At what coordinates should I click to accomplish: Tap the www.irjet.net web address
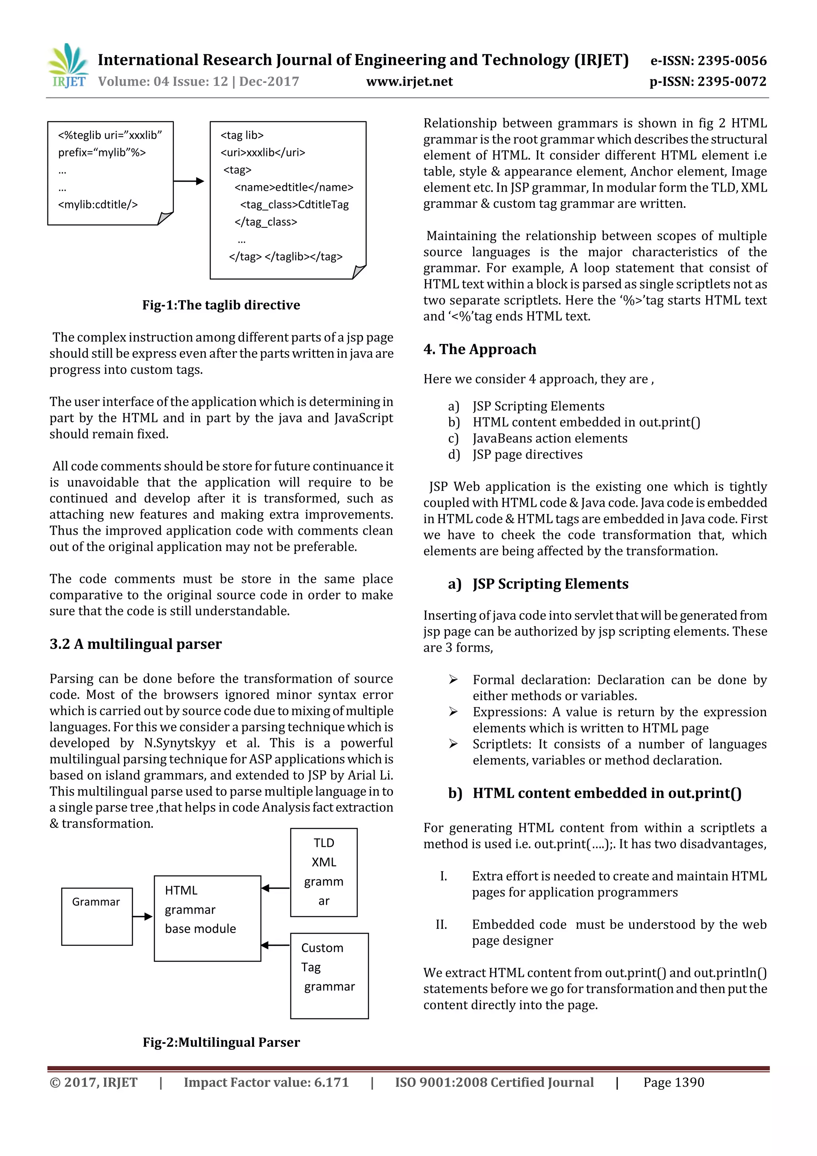point(409,81)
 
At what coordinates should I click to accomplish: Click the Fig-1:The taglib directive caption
point(221,305)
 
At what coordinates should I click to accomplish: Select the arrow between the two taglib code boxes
point(189,181)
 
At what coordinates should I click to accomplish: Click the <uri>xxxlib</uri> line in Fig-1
point(263,152)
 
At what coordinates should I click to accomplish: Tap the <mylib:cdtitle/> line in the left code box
point(98,204)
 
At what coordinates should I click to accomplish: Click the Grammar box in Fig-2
point(97,916)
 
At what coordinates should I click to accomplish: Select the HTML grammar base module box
point(207,918)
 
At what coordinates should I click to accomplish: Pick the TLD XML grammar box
point(324,872)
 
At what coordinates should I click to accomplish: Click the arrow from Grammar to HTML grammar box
point(143,916)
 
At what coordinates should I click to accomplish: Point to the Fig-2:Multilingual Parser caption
point(221,1042)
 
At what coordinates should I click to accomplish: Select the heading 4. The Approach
point(480,350)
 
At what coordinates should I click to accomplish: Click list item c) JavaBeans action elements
point(550,439)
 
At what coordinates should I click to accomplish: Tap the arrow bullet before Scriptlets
point(454,744)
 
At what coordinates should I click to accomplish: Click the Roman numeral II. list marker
point(442,925)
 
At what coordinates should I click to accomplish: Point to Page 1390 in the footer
point(673,1083)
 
